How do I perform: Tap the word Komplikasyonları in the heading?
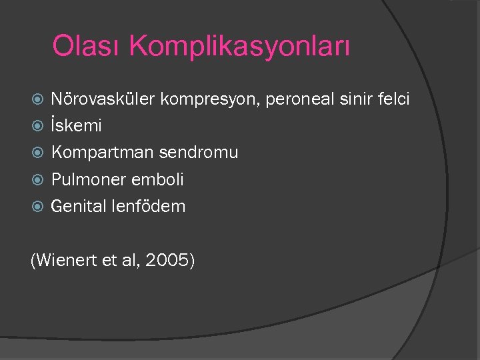239,47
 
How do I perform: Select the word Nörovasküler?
103,99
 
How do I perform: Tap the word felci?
393,99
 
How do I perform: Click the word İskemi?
76,125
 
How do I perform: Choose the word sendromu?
198,153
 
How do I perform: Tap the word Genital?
78,206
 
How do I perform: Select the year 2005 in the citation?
169,261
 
